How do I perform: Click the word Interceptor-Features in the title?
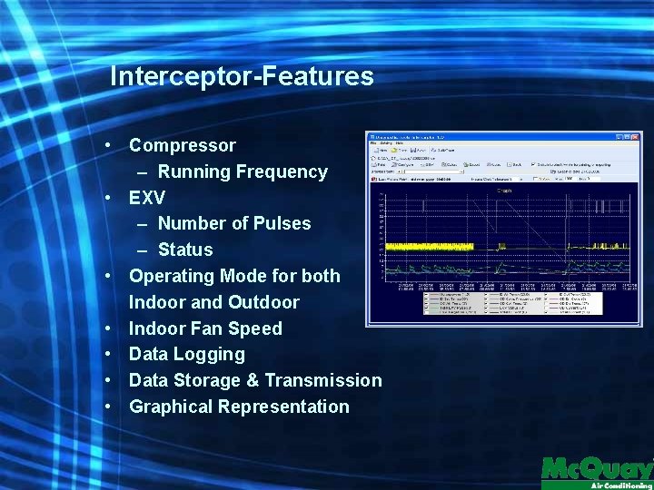242,76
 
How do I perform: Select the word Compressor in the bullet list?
182,145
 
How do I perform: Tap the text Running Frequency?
243,171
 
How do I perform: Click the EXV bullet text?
147,198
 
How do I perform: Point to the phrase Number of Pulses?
234,223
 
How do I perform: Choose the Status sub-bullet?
185,250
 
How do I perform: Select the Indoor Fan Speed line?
205,328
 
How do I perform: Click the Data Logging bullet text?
187,354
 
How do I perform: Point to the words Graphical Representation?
239,407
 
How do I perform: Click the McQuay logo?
597,469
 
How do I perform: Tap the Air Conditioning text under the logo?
621,485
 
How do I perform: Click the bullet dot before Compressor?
108,145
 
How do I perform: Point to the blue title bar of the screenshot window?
490,137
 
